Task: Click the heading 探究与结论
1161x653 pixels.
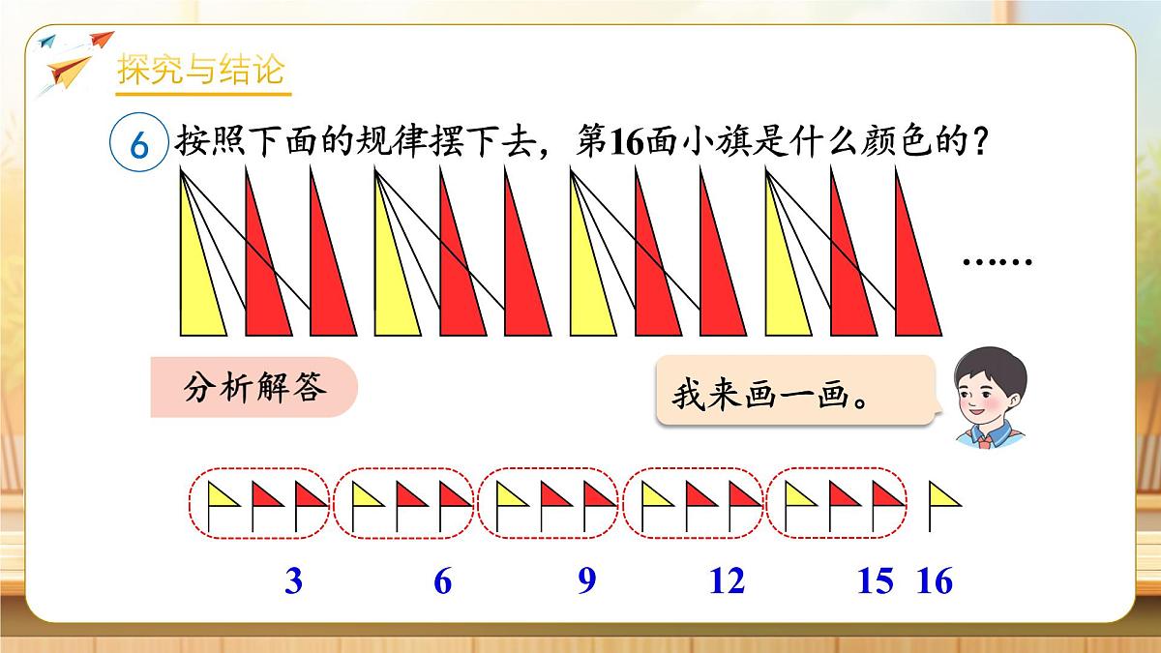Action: tap(200, 71)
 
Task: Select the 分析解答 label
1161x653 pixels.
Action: tap(253, 388)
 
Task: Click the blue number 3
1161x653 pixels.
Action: tap(294, 581)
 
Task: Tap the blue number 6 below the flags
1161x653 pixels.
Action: tap(443, 581)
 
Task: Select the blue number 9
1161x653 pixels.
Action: tap(586, 581)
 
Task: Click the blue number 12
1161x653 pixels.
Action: tap(727, 581)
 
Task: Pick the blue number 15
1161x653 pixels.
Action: tap(876, 581)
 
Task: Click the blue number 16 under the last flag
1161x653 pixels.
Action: tap(935, 581)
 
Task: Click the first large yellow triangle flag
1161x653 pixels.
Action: tap(198, 281)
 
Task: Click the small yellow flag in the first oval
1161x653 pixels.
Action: tap(223, 496)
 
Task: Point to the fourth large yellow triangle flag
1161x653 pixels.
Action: tap(784, 281)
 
